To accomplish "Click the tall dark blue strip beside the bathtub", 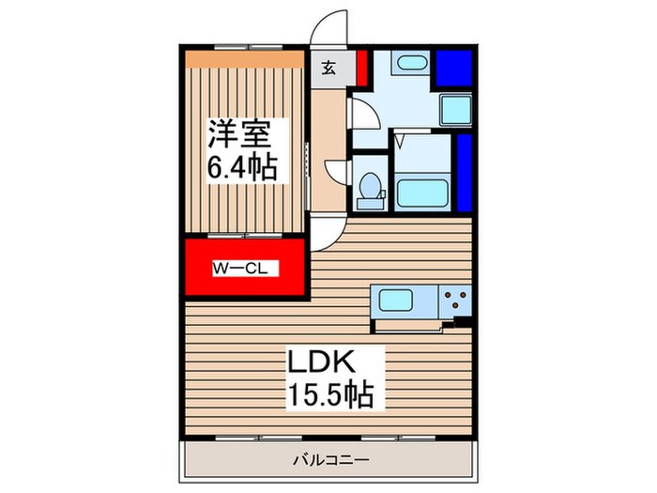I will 463,174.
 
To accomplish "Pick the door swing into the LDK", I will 330,231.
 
